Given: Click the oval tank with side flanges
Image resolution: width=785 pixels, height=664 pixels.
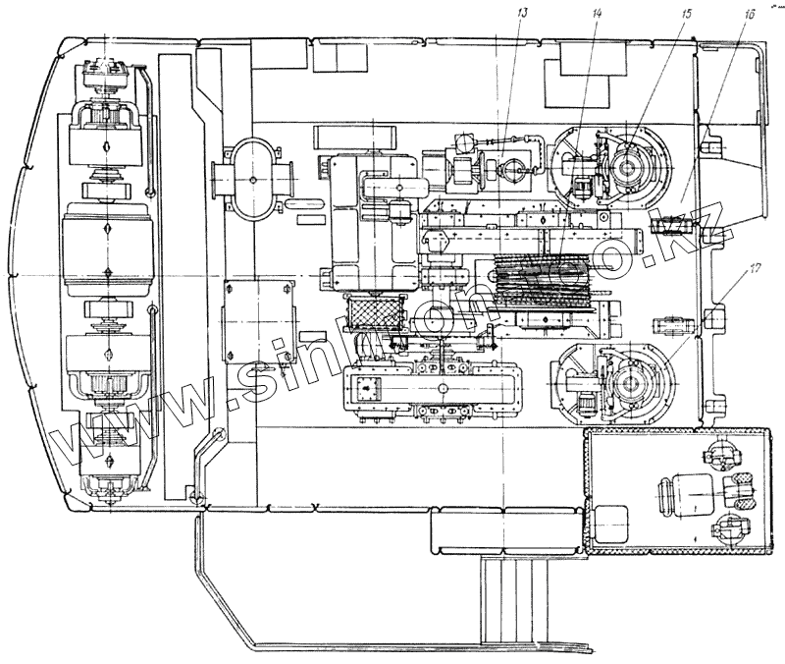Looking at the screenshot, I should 253,180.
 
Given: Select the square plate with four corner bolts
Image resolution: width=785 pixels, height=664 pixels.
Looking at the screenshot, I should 260,321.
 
